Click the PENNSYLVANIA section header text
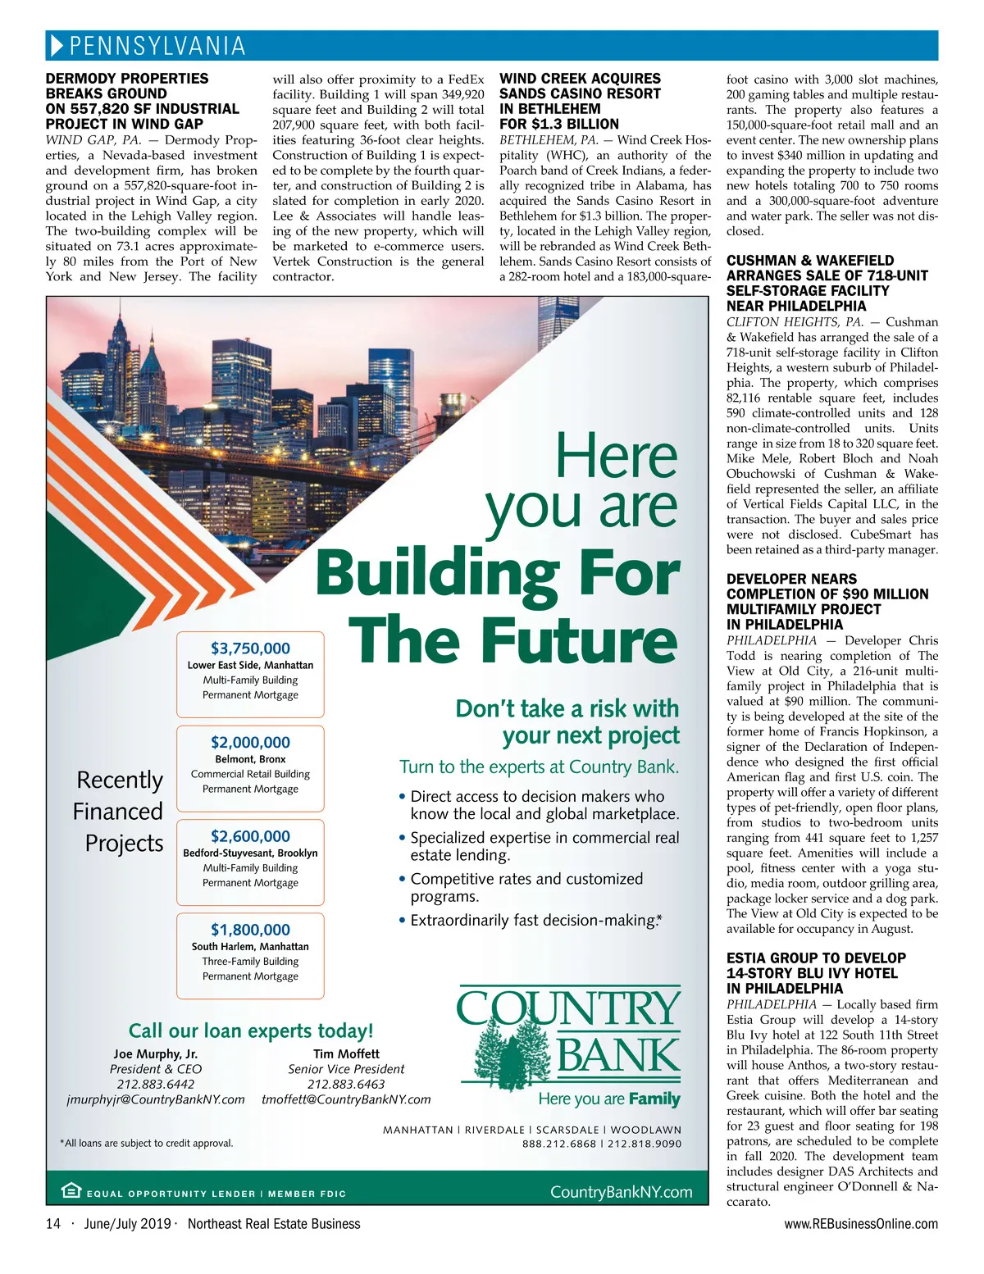coord(157,46)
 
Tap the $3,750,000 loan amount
coord(250,648)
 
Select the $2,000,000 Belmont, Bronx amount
coord(250,743)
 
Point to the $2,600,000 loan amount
coord(250,836)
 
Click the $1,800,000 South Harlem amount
coord(250,930)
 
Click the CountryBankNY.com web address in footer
coord(621,1192)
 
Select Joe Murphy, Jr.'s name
coord(155,1054)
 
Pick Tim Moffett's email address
coord(346,1099)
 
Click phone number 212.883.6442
coord(155,1084)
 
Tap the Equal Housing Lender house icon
coord(71,1191)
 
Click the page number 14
coord(53,1224)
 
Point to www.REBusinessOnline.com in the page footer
coord(861,1224)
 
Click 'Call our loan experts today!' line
coord(251,1031)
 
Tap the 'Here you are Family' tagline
coord(609,1099)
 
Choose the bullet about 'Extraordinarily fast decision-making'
coord(533,921)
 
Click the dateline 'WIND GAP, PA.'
coord(93,140)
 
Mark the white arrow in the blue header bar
coord(56,46)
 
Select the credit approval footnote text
coord(147,1143)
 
